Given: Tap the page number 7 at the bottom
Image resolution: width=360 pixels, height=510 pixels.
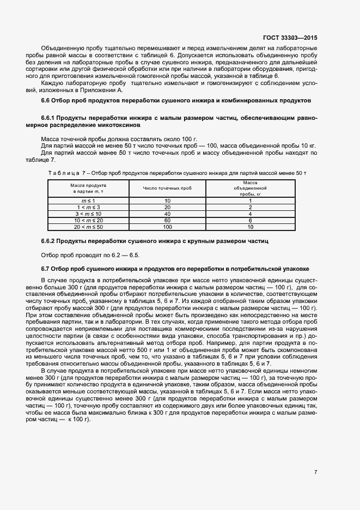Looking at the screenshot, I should pyautogui.click(x=315, y=472).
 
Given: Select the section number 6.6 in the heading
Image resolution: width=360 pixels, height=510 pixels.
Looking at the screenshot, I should pyautogui.click(x=47, y=101).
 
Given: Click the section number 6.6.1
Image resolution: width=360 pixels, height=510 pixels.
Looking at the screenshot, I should pyautogui.click(x=50, y=118).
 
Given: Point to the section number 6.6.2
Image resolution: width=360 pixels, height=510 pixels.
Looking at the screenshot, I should pyautogui.click(x=50, y=240).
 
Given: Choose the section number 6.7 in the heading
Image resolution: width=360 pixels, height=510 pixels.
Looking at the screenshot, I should pyautogui.click(x=47, y=269).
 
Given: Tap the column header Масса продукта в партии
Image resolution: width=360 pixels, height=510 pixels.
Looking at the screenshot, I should pyautogui.click(x=88, y=189).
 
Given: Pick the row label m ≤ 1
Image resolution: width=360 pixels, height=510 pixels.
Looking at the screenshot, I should pyautogui.click(x=88, y=201).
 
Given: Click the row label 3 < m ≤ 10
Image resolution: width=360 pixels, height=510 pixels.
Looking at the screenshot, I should pyautogui.click(x=88, y=214).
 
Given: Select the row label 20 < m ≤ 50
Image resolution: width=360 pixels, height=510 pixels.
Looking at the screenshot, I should pyautogui.click(x=88, y=226).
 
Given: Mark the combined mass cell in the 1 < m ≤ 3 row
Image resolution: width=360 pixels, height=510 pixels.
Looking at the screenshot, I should pyautogui.click(x=250, y=208).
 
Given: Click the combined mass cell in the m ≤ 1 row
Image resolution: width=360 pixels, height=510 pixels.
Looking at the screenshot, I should pyautogui.click(x=250, y=201).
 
